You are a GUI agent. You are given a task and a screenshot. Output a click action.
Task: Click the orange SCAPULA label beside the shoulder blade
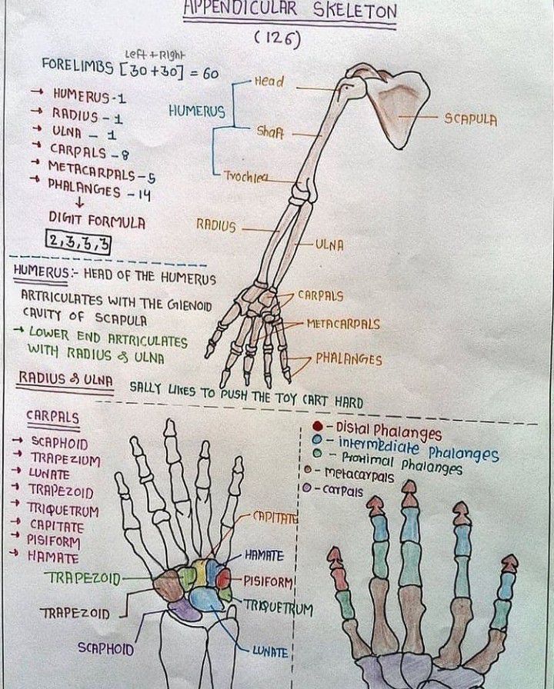[470, 120]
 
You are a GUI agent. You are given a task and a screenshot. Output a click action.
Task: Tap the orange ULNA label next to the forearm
[330, 245]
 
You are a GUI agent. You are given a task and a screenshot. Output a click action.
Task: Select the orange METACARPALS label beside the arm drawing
[343, 325]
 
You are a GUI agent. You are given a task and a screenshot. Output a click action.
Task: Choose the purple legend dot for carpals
[308, 488]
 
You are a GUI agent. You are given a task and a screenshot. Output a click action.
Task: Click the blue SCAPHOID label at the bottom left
[106, 648]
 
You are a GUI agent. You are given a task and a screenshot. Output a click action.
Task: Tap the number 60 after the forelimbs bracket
[210, 73]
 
